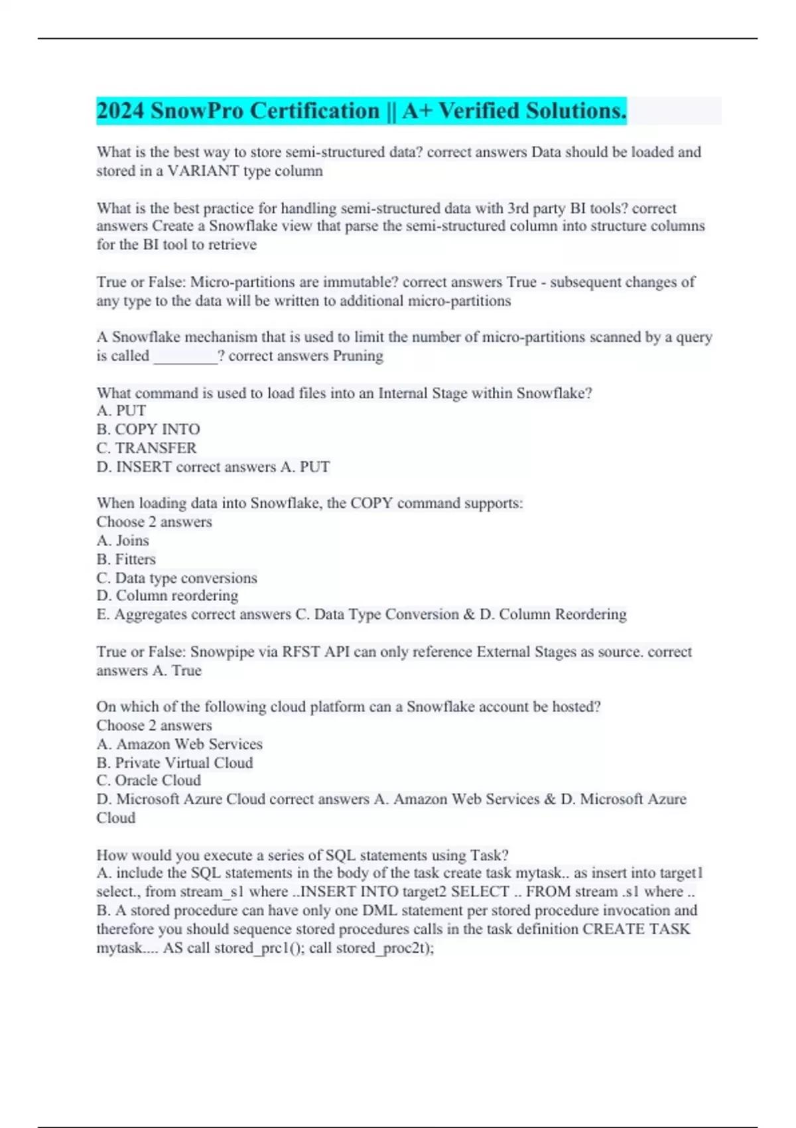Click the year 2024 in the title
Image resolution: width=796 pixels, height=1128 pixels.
pos(120,111)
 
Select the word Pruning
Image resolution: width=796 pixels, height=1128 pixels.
pos(358,356)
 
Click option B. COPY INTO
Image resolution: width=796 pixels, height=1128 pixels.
pos(148,429)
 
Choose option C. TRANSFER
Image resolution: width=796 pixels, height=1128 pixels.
pos(147,448)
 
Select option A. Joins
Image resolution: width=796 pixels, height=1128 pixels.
pos(123,540)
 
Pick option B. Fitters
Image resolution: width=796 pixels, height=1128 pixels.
pos(126,559)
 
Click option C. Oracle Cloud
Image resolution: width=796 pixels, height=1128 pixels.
pos(149,780)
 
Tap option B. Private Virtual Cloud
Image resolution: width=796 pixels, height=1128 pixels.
pos(174,762)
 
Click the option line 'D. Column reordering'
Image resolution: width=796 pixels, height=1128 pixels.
pos(167,596)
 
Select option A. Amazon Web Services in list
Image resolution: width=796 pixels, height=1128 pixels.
pos(180,744)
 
